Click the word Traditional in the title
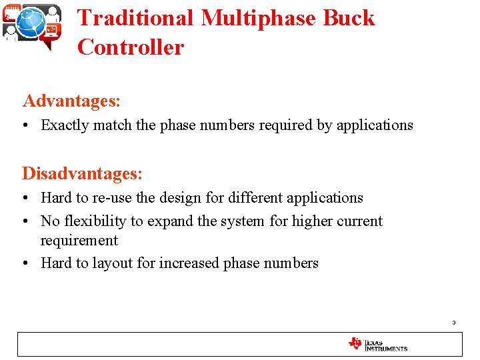tap(135, 18)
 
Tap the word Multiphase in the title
tap(257, 18)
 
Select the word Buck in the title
tap(349, 18)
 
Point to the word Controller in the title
tap(130, 47)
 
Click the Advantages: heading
tap(71, 101)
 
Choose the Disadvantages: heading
tap(82, 173)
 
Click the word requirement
tap(79, 241)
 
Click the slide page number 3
tap(453, 323)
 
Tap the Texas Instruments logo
tap(377, 344)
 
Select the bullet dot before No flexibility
tap(26, 221)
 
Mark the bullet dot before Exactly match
tap(26, 125)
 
